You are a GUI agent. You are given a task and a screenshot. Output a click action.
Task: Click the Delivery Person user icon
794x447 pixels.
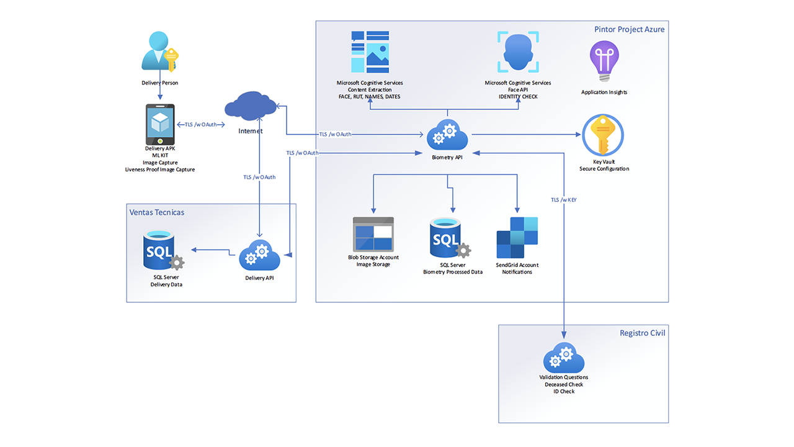[159, 52]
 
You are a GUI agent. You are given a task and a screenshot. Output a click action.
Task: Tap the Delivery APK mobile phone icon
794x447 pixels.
[160, 124]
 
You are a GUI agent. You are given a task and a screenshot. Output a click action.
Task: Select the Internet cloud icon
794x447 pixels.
[251, 106]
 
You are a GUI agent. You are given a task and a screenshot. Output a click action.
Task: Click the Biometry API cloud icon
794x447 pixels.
[447, 135]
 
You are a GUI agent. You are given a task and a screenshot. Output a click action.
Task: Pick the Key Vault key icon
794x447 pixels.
[602, 135]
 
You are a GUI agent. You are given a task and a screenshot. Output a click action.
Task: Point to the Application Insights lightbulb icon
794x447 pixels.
[604, 61]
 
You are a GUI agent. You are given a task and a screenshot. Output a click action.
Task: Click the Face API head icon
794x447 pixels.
[518, 52]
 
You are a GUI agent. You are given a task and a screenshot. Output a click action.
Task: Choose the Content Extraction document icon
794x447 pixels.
[370, 52]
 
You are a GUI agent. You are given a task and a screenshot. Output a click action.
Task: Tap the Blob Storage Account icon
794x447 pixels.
[373, 234]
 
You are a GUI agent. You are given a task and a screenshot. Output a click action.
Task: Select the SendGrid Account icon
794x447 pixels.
[517, 238]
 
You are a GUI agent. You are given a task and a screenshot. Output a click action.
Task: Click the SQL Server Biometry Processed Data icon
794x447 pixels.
[450, 238]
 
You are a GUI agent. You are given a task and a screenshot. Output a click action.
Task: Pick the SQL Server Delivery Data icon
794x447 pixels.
[164, 250]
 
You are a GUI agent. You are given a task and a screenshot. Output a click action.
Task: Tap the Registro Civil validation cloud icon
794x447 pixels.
[564, 358]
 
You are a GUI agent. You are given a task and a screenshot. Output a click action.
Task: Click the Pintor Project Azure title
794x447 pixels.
[629, 29]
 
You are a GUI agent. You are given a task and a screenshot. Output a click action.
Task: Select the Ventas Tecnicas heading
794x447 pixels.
[157, 212]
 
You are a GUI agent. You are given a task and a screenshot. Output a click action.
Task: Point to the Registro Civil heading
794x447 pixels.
[642, 333]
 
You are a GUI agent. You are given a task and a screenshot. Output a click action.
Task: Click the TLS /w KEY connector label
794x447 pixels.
[564, 200]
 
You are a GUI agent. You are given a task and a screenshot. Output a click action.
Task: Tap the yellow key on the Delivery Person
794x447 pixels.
[172, 59]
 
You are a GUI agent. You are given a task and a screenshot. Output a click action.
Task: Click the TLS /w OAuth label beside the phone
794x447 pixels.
[200, 125]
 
